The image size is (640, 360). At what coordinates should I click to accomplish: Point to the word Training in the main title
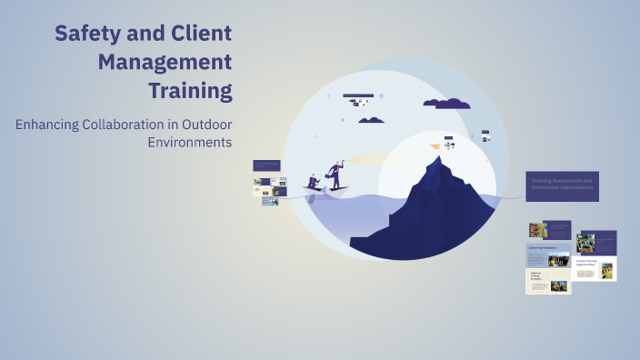point(191,91)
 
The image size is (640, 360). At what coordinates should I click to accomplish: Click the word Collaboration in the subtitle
point(123,124)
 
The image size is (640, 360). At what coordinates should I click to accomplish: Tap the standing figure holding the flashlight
point(335,174)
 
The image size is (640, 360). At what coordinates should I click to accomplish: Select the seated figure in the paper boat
point(313,182)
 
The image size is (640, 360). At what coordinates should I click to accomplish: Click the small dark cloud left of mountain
point(371,119)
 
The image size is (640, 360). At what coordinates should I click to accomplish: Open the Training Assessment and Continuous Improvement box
point(562,186)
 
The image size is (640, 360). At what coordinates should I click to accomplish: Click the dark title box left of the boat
point(267,165)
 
